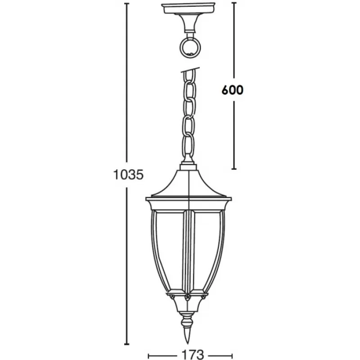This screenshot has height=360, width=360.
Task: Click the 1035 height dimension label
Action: [128, 175]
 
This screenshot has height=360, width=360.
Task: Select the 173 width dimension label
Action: [193, 355]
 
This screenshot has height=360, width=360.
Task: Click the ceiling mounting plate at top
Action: [188, 9]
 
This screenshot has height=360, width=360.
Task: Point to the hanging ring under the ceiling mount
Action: [190, 48]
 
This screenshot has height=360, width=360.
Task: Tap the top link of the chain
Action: [191, 77]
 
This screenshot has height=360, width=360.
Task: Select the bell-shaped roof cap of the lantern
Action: [188, 183]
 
